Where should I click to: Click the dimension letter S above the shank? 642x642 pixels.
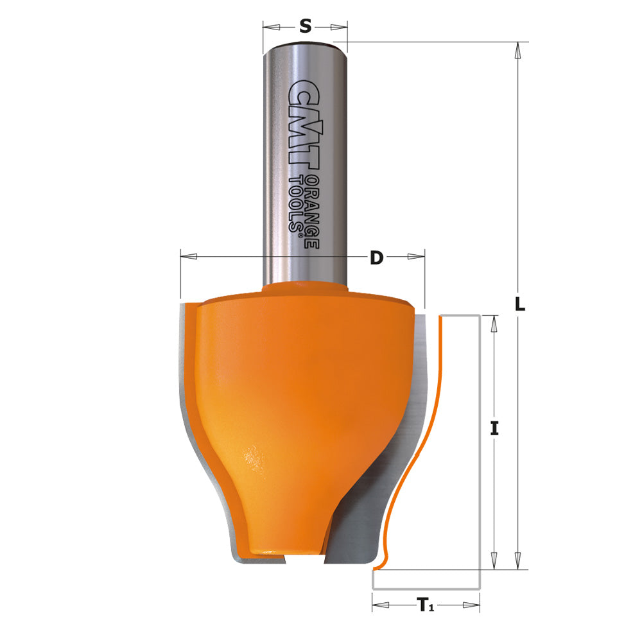click(x=306, y=26)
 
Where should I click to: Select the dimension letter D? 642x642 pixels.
click(x=376, y=257)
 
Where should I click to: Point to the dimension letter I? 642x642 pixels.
click(x=494, y=428)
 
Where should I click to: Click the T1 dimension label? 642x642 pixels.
click(x=426, y=604)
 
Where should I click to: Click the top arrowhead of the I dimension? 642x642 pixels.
click(x=493, y=324)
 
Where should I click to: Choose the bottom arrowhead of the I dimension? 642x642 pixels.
click(x=493, y=560)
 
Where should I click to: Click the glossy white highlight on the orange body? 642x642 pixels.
click(x=253, y=460)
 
